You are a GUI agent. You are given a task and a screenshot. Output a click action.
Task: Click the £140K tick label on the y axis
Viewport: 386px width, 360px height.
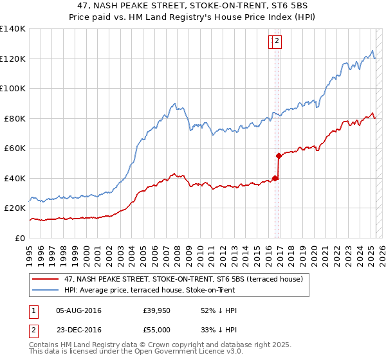(x=13, y=29)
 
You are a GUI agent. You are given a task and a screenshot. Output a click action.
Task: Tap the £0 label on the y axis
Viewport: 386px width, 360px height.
(x=20, y=238)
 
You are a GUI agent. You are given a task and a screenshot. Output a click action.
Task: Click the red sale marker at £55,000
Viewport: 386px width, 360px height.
(x=279, y=156)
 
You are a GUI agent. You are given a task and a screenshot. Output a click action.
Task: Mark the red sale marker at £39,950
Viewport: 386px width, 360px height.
(x=275, y=178)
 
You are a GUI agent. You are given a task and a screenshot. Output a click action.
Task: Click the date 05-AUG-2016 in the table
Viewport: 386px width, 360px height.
(x=78, y=310)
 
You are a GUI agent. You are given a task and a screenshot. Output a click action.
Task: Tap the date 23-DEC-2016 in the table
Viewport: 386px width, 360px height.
(x=78, y=330)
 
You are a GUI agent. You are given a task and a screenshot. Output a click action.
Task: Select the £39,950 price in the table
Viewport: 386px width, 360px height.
(x=157, y=310)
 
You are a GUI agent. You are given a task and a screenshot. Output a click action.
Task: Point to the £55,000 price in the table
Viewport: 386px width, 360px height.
(x=157, y=330)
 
